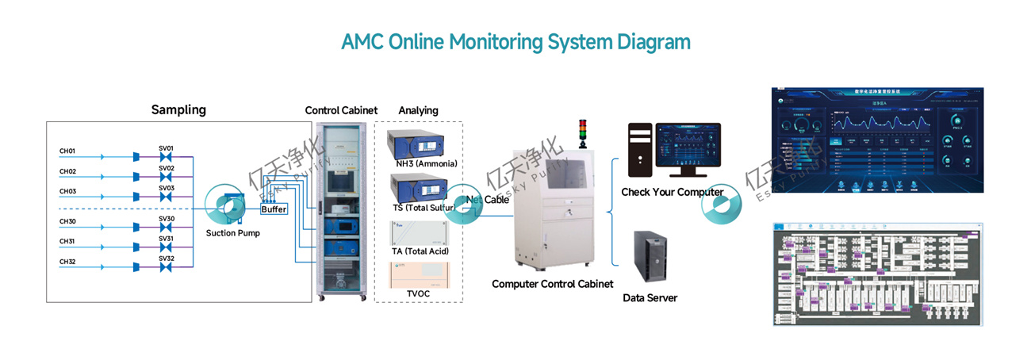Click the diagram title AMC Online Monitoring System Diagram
point(515,42)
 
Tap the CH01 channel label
point(67,151)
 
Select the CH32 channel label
point(67,261)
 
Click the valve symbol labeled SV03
point(166,197)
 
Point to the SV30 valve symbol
point(166,227)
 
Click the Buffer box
point(274,209)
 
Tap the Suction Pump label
point(232,233)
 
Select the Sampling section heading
point(178,110)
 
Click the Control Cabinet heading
point(341,110)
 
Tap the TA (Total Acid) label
point(420,251)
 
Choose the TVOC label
point(418,293)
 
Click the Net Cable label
point(487,200)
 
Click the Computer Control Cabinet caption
point(552,284)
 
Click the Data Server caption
point(650,298)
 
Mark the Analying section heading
point(418,110)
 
